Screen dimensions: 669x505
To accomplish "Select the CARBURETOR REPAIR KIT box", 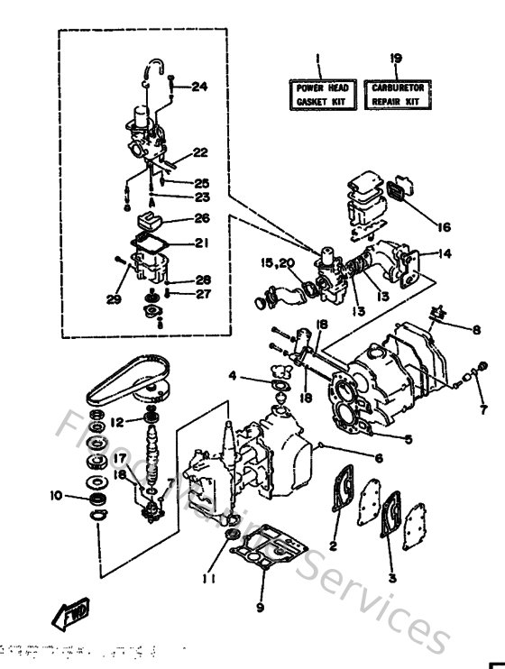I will pyautogui.click(x=398, y=95).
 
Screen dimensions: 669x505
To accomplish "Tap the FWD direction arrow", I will pyautogui.click(x=69, y=617).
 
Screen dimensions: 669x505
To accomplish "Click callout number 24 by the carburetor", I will pyautogui.click(x=198, y=87).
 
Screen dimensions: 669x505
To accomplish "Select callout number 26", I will pyautogui.click(x=201, y=217).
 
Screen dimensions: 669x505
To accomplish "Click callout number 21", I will pyautogui.click(x=201, y=243).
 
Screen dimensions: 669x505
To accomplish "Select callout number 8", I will pyautogui.click(x=478, y=329).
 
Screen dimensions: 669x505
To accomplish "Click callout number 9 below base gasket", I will pyautogui.click(x=261, y=607).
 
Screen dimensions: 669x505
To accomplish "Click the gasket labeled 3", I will pyautogui.click(x=393, y=522).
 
